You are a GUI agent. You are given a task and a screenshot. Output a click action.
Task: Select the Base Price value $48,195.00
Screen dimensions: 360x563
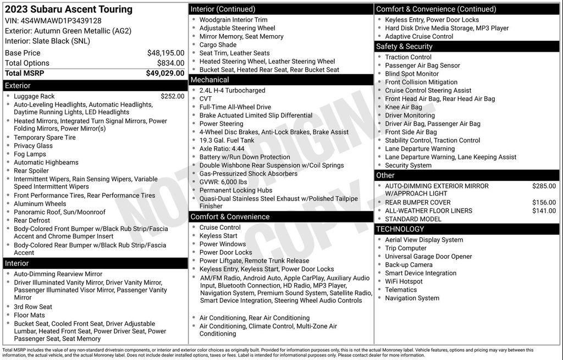pos(165,53)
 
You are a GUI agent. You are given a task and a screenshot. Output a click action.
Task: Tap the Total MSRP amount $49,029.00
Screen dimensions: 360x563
pos(165,73)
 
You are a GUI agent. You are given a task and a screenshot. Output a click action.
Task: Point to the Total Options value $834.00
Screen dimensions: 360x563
pos(170,63)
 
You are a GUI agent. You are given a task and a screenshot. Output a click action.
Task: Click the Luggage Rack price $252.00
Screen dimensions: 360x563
pos(172,96)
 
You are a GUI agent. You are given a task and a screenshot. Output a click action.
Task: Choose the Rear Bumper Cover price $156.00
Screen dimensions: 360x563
pos(544,202)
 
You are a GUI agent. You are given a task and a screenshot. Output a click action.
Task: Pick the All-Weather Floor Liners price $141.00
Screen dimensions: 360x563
pos(544,211)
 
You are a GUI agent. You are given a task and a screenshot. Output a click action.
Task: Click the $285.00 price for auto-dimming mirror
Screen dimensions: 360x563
pos(544,186)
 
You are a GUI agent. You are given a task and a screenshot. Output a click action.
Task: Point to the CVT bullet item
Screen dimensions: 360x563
pos(206,99)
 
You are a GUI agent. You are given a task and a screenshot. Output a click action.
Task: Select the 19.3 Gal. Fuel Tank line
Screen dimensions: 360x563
pos(227,140)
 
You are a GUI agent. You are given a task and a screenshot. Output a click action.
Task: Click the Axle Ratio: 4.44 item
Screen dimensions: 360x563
pos(222,148)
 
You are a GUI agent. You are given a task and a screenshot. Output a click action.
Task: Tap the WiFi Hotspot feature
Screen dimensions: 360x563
pos(404,281)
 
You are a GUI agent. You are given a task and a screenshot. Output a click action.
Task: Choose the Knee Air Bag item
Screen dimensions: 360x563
pos(404,107)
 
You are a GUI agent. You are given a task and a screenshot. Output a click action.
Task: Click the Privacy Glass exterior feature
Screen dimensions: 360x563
pos(33,146)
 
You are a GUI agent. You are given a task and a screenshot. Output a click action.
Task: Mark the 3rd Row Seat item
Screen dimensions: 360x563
pos(33,307)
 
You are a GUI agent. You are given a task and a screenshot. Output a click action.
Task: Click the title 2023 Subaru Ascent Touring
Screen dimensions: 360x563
pos(69,9)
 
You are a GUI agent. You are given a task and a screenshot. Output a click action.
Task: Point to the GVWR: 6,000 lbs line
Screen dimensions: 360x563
pos(223,182)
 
